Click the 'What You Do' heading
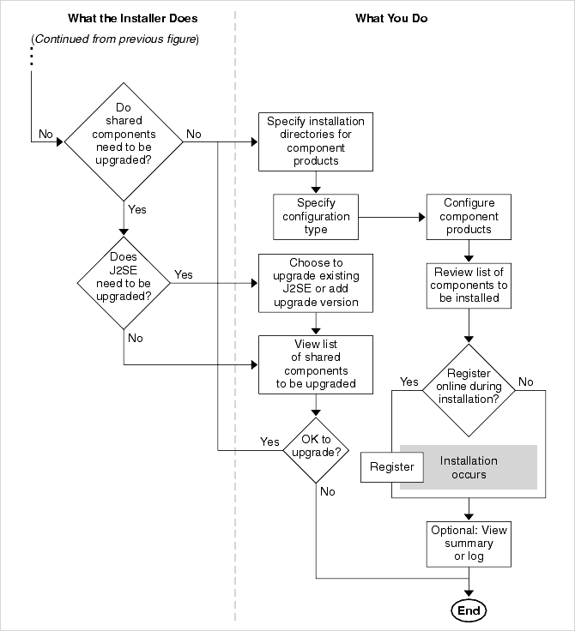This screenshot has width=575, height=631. (x=391, y=18)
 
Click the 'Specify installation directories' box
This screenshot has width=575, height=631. (x=315, y=141)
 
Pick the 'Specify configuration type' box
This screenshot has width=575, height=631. (x=315, y=216)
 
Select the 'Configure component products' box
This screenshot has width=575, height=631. (x=469, y=216)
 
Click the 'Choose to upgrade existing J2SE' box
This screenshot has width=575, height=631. (x=315, y=282)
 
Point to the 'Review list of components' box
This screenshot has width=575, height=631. (x=469, y=285)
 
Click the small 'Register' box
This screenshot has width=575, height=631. (x=391, y=467)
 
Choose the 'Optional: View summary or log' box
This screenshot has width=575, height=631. (x=469, y=543)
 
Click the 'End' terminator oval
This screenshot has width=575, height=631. (x=469, y=610)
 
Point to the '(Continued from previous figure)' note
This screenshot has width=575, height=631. (x=115, y=40)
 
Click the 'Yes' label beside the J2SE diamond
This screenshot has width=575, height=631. (x=184, y=274)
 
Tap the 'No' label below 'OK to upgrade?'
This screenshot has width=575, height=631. (x=327, y=491)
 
